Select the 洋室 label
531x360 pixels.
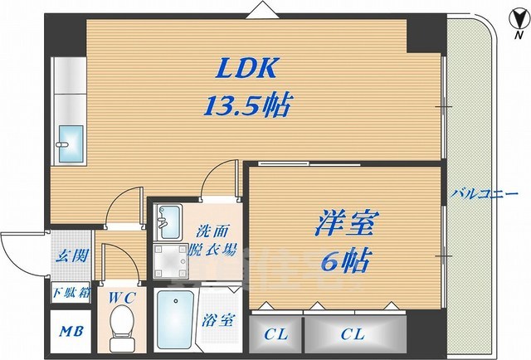[x=346, y=224]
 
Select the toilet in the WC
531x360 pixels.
[x=120, y=319]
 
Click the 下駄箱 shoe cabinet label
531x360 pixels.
[x=69, y=291]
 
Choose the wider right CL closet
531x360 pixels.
[x=353, y=334]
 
